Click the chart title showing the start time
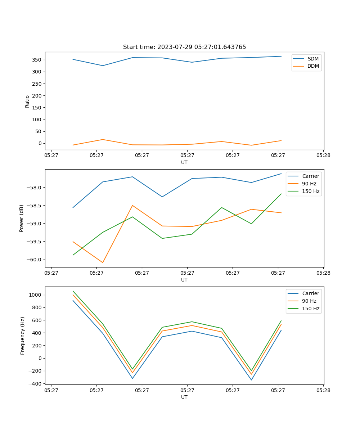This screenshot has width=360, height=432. pyautogui.click(x=184, y=47)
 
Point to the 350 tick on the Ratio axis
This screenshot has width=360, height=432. pyautogui.click(x=37, y=60)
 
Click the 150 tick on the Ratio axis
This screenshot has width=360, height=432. pyautogui.click(x=37, y=108)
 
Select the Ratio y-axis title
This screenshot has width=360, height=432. pyautogui.click(x=27, y=101)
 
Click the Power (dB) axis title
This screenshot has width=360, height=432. pyautogui.click(x=22, y=218)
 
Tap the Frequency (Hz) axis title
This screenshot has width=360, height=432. pyautogui.click(x=22, y=336)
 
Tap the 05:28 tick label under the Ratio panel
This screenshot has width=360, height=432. pyautogui.click(x=323, y=156)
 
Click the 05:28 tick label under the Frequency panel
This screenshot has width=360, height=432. pyautogui.click(x=323, y=390)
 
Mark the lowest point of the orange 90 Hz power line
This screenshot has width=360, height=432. pyautogui.click(x=103, y=262)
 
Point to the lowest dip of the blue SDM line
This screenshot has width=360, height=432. pyautogui.click(x=103, y=66)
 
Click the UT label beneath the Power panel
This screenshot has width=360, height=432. pyautogui.click(x=184, y=280)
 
